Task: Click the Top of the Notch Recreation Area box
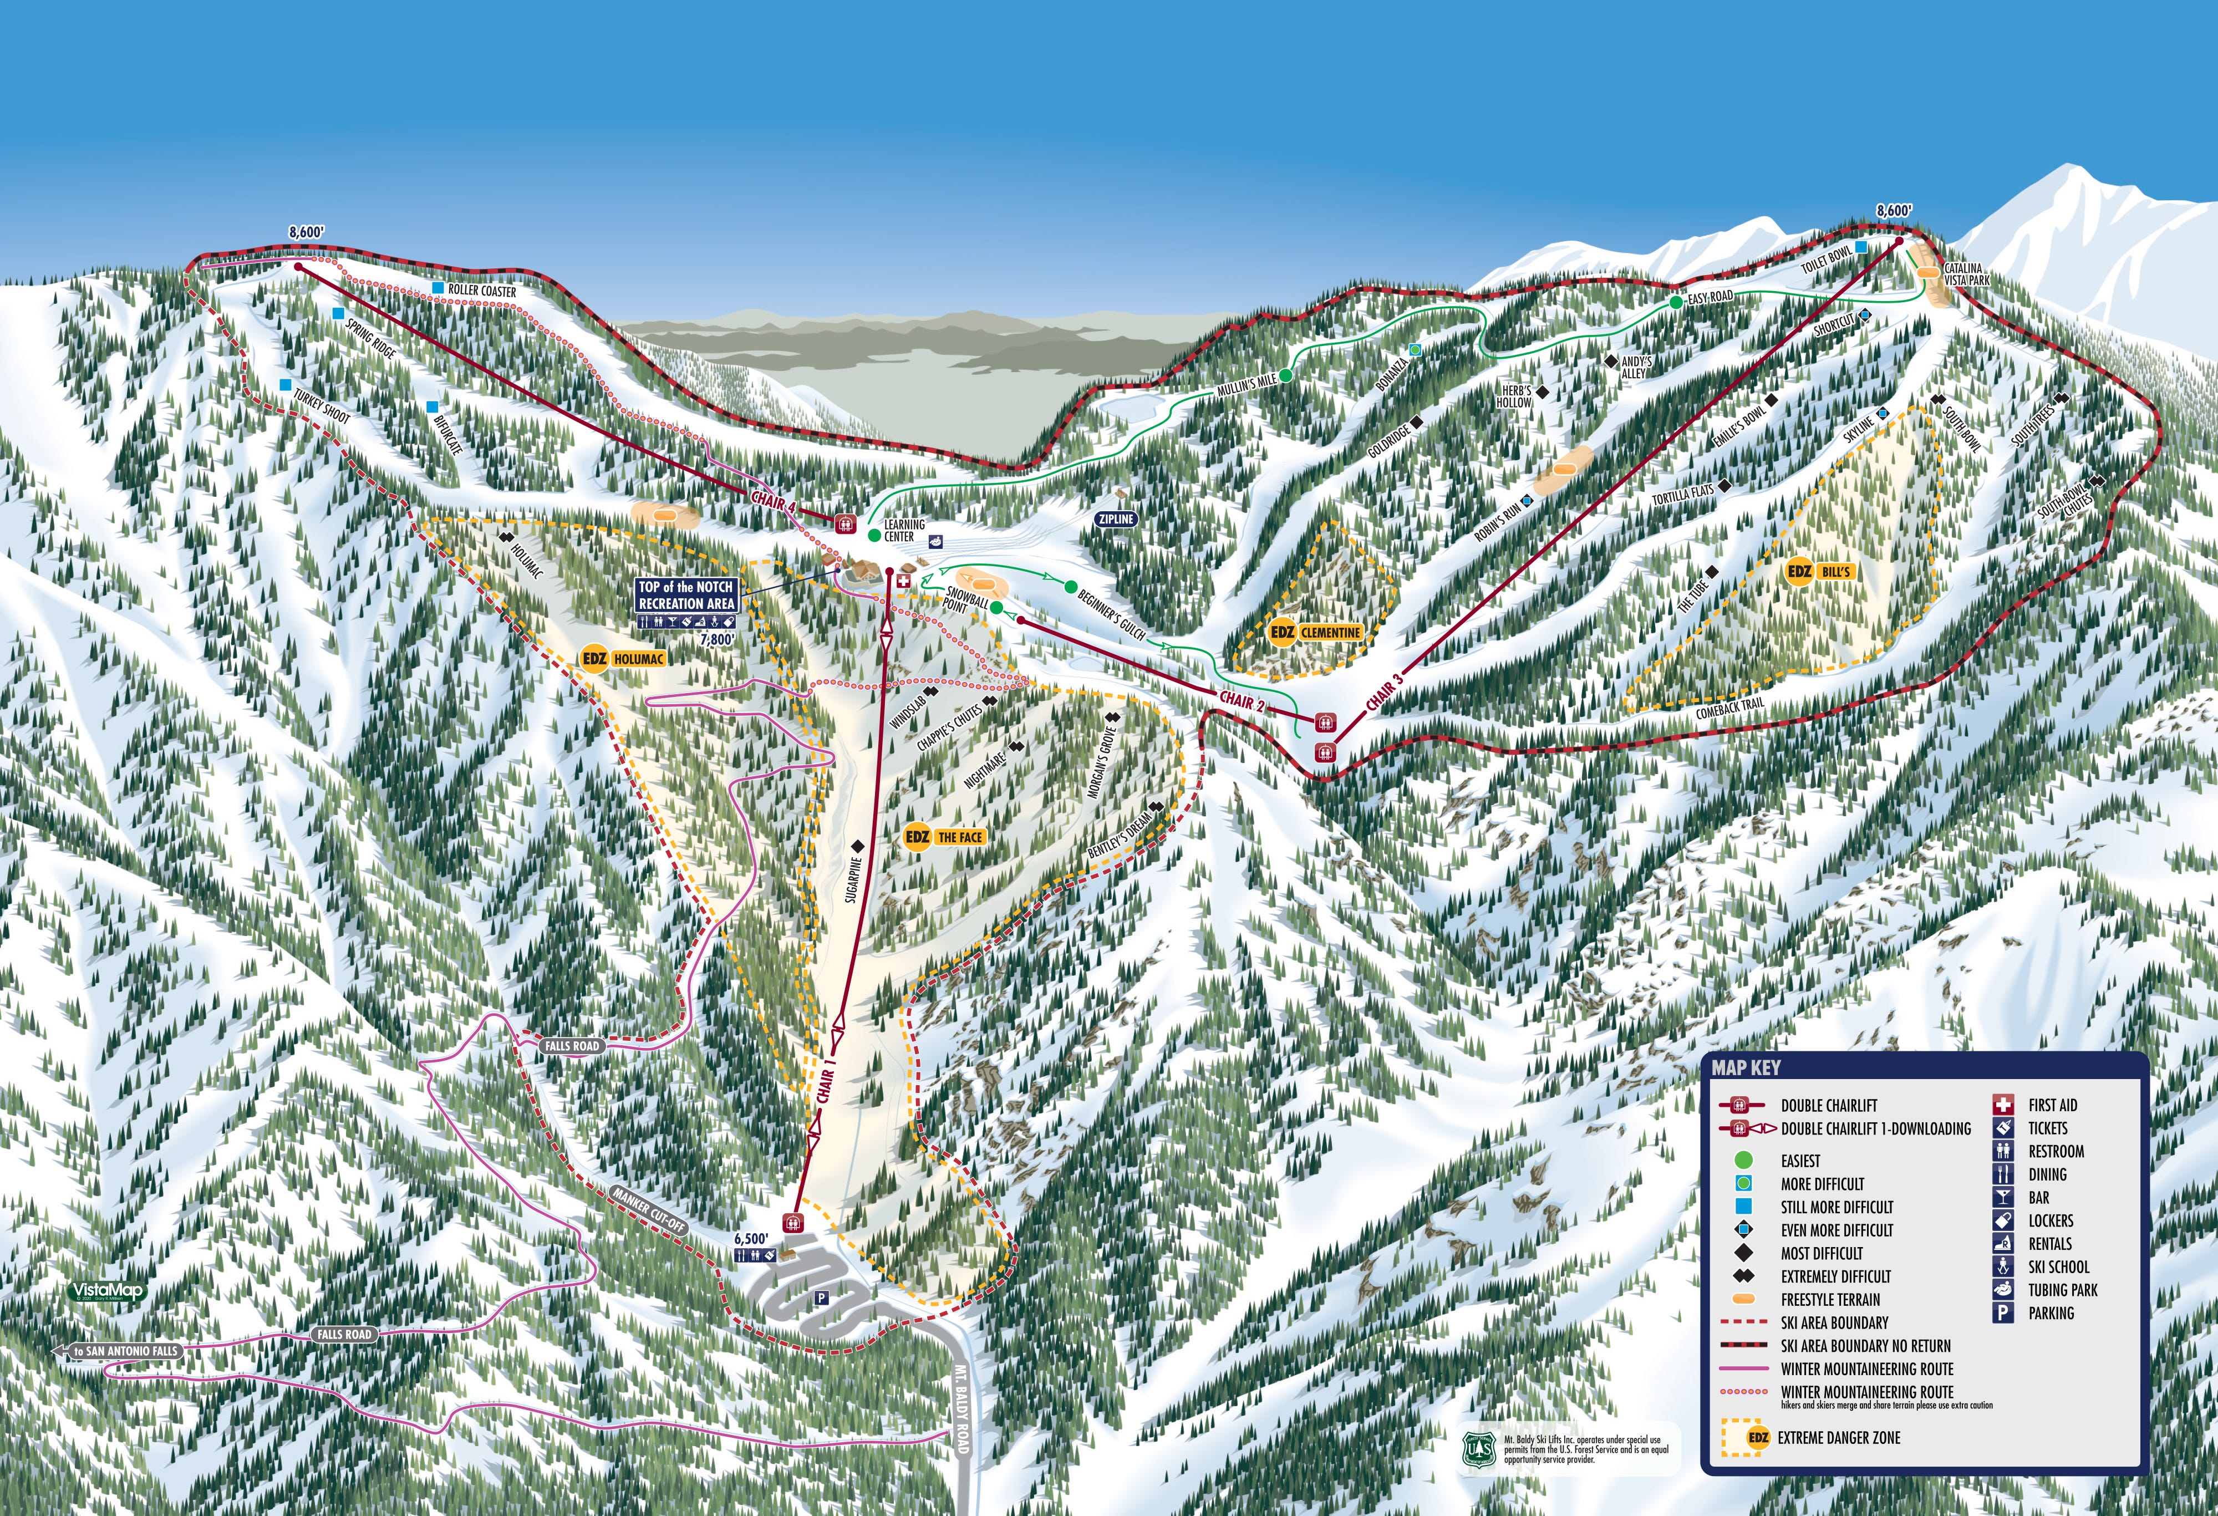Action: coord(686,596)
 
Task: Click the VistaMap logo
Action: coord(108,1291)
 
